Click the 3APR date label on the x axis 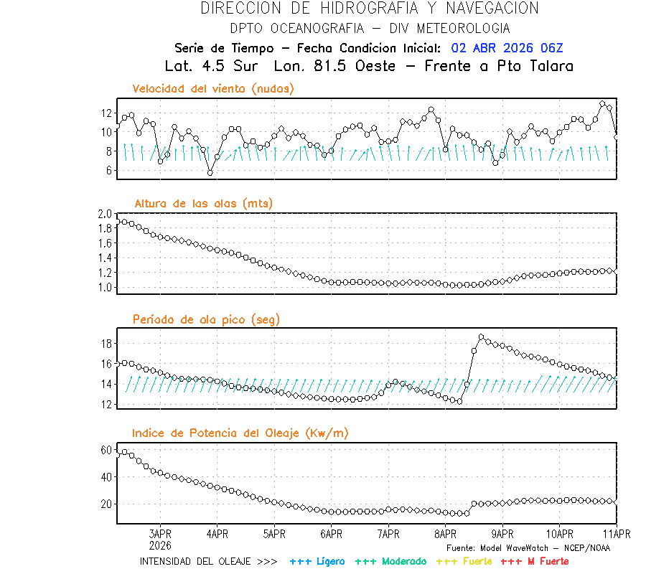(x=160, y=534)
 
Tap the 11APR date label (x=617, y=534)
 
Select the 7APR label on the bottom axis (x=388, y=534)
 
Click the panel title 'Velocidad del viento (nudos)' (x=212, y=89)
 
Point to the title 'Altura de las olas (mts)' (x=202, y=204)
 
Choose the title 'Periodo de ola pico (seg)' (x=206, y=319)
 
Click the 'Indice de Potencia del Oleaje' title (x=240, y=433)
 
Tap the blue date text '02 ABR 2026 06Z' (x=507, y=48)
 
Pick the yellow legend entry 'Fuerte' (x=464, y=561)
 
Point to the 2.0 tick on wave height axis (x=106, y=214)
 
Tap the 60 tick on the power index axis (x=107, y=450)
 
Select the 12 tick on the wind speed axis (x=106, y=113)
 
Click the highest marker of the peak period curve (x=481, y=337)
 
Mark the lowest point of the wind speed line (x=210, y=172)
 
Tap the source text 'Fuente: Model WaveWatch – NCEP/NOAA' (x=528, y=548)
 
